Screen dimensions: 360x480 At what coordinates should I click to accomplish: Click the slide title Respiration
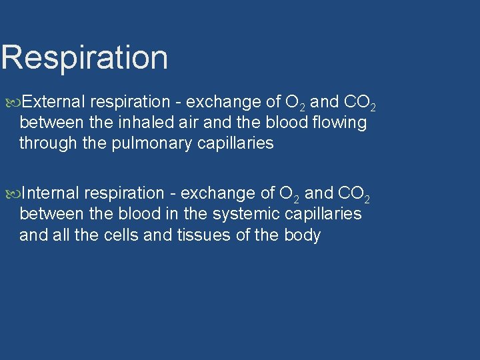pyautogui.click(x=84, y=57)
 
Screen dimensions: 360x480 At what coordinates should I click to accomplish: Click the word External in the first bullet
pyautogui.click(x=53, y=102)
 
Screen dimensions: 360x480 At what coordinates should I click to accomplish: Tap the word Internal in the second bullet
pyautogui.click(x=51, y=193)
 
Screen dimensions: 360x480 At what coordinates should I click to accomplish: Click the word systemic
pyautogui.click(x=247, y=214)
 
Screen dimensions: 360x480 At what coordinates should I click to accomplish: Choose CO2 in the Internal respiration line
pyautogui.click(x=354, y=194)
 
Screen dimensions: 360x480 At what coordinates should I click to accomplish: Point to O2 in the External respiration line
pyautogui.click(x=295, y=103)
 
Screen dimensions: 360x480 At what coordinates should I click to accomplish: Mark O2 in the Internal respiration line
pyautogui.click(x=289, y=194)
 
